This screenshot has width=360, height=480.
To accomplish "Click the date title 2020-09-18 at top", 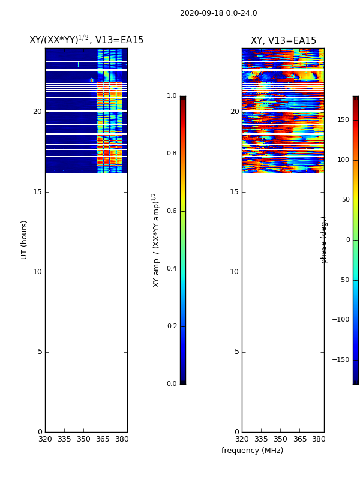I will click(x=218, y=13).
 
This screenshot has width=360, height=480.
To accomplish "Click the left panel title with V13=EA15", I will click(x=86, y=40).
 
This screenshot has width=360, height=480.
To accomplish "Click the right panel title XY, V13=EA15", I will click(x=283, y=41).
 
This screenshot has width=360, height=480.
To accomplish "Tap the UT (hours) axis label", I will click(x=25, y=239).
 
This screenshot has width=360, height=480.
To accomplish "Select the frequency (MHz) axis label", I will click(x=252, y=451).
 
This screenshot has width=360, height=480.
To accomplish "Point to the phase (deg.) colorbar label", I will click(x=324, y=240).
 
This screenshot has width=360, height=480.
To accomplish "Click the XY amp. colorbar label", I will click(x=156, y=240).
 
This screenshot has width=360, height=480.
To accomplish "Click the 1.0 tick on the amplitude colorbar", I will click(x=172, y=96).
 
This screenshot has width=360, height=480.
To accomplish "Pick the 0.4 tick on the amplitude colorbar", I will click(x=172, y=269).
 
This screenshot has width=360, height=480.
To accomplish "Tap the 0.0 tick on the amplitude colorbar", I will click(x=172, y=384).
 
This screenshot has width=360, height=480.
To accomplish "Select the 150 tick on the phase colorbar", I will click(x=343, y=120).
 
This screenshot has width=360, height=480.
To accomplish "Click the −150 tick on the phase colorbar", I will click(x=341, y=360).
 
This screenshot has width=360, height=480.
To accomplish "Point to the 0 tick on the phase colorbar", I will click(x=347, y=240).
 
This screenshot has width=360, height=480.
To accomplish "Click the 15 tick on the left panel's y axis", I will click(x=37, y=192).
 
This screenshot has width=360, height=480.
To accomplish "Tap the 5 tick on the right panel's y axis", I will click(x=236, y=352).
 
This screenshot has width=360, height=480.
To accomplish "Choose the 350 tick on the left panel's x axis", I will click(x=83, y=439).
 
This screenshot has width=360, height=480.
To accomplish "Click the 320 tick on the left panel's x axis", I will click(x=45, y=439).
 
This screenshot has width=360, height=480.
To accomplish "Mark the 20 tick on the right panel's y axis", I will click(x=234, y=112).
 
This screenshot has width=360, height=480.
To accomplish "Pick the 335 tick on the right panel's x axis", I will click(x=261, y=439).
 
